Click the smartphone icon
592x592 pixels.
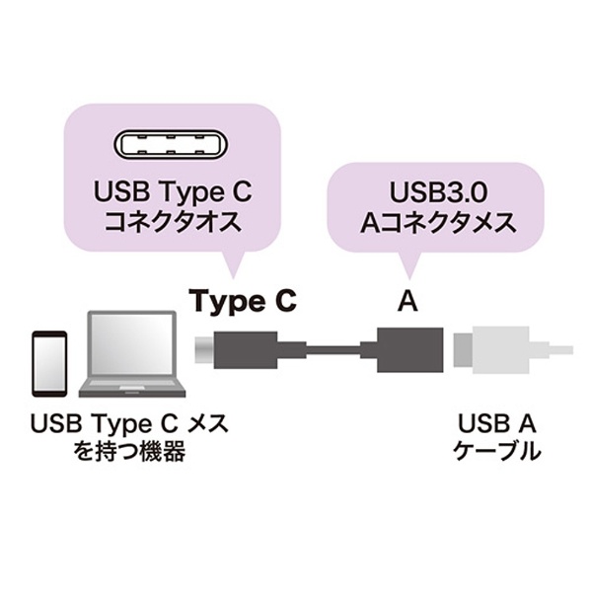(x=49, y=363)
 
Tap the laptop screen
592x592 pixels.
(x=132, y=343)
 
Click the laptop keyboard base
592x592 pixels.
(x=132, y=387)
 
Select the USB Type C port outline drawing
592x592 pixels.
(x=171, y=145)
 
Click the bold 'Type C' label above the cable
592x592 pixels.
(x=243, y=301)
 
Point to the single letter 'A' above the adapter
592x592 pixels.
(x=407, y=301)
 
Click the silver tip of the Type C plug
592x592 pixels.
(x=204, y=349)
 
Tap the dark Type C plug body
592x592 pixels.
(x=246, y=349)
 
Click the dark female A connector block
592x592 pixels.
(x=410, y=349)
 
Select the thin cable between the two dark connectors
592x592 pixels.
(x=333, y=349)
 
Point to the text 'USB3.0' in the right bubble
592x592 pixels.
(x=438, y=191)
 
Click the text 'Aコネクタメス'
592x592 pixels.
(x=438, y=222)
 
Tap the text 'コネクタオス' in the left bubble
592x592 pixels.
(x=173, y=222)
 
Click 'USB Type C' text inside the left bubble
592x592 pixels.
(x=173, y=192)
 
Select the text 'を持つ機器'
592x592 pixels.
(x=129, y=452)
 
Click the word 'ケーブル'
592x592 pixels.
(x=497, y=451)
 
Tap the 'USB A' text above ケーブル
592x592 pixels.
(x=497, y=423)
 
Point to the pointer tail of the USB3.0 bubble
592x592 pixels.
(x=408, y=265)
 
